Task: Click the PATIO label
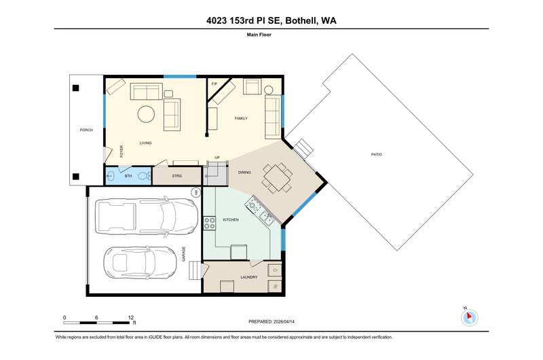click(x=377, y=155)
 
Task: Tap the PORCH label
click(x=86, y=130)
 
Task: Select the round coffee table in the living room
click(x=146, y=114)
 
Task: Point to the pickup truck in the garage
click(x=147, y=217)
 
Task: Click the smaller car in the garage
click(x=141, y=263)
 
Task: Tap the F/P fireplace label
click(x=214, y=84)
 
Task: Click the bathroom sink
click(x=109, y=176)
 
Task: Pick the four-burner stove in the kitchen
click(x=209, y=223)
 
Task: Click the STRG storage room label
click(x=177, y=176)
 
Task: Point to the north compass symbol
click(x=469, y=317)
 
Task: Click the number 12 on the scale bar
click(x=130, y=317)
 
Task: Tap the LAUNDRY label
click(x=249, y=277)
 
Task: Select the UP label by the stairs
click(x=217, y=158)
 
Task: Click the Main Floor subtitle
click(x=259, y=35)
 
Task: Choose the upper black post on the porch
click(x=76, y=88)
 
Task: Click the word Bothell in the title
click(x=301, y=20)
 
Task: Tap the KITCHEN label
click(x=231, y=219)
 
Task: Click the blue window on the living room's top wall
click(x=180, y=76)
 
